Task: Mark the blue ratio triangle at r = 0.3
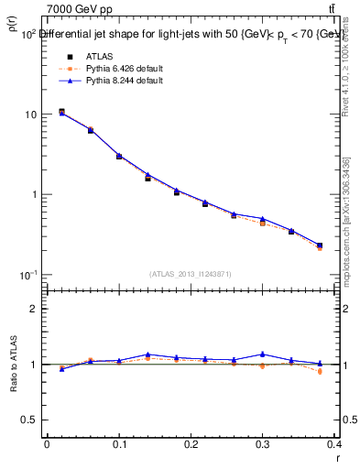pyautogui.click(x=262, y=354)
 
